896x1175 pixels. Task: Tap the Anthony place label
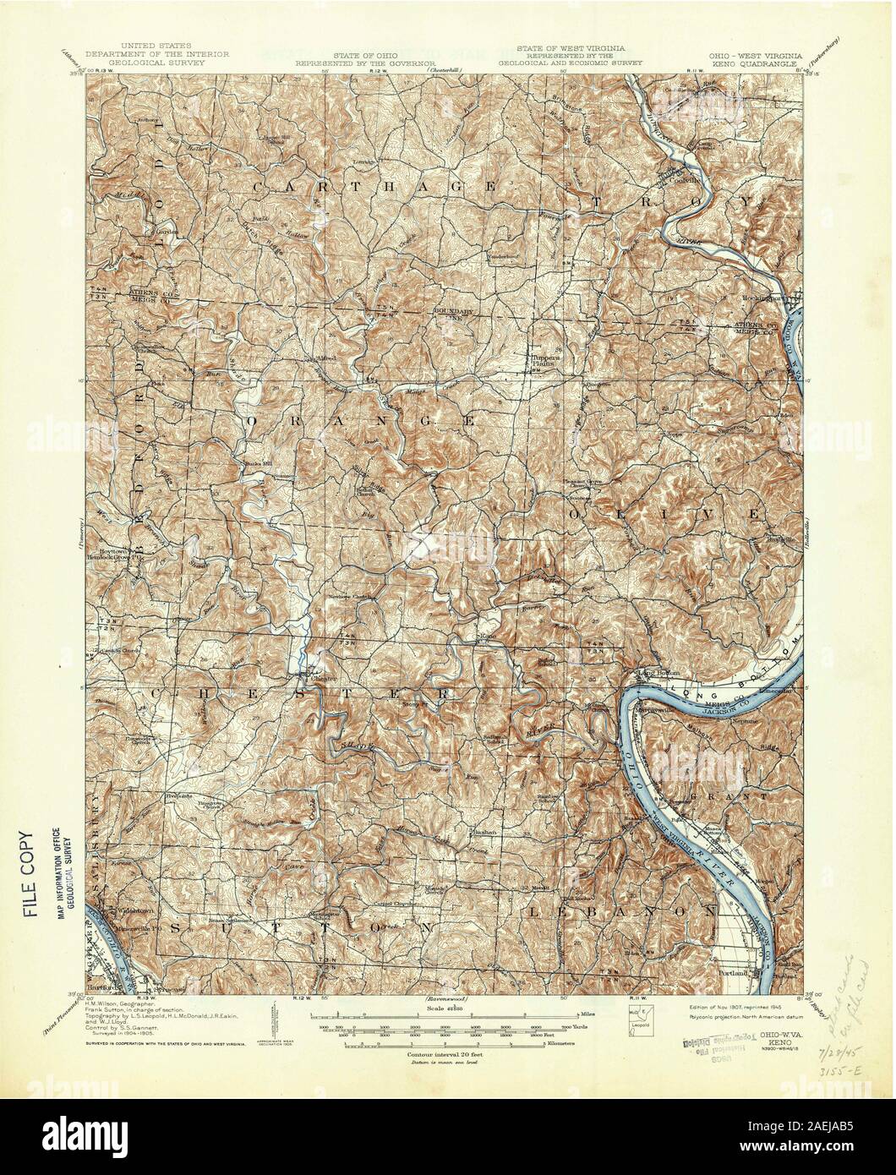tap(147, 119)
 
